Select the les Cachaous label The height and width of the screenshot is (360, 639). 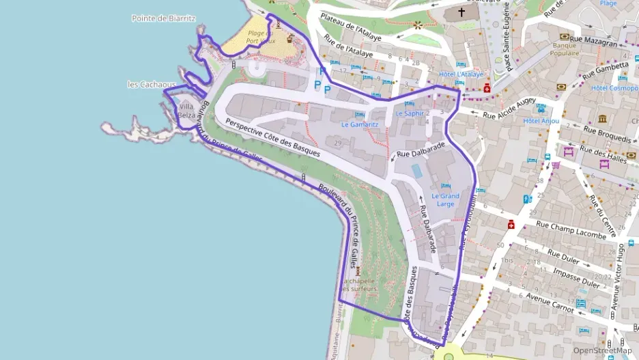(x=152, y=84)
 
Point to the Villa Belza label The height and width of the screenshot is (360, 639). (x=186, y=111)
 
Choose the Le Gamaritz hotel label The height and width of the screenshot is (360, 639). (x=359, y=124)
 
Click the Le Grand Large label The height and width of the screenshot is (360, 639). (x=445, y=199)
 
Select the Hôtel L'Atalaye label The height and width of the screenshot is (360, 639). (x=461, y=74)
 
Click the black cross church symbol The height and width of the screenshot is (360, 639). (x=461, y=12)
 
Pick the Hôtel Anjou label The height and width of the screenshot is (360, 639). (x=541, y=120)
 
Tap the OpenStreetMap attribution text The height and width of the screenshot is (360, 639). (x=602, y=350)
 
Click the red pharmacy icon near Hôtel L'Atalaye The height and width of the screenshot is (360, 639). (x=486, y=87)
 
